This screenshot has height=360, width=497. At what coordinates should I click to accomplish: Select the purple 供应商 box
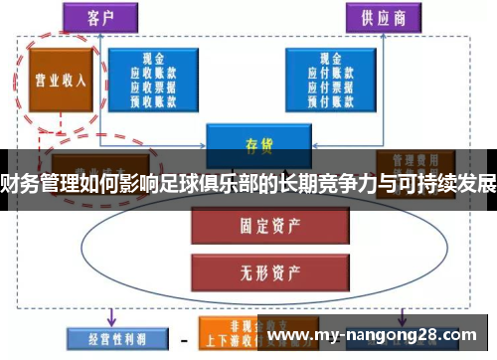(x=378, y=18)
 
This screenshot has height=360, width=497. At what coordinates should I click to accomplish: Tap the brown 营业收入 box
(x=57, y=80)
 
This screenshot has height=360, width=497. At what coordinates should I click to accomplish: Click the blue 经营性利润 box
(x=108, y=339)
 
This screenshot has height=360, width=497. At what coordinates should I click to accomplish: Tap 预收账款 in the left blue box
(x=154, y=99)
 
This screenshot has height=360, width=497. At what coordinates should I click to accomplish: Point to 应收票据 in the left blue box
(x=154, y=87)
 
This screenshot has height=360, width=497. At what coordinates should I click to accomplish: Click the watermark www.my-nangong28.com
(x=379, y=337)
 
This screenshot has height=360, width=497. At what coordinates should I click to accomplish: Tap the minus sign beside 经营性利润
(x=183, y=340)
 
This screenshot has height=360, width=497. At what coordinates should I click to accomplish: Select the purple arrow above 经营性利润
(x=110, y=314)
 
